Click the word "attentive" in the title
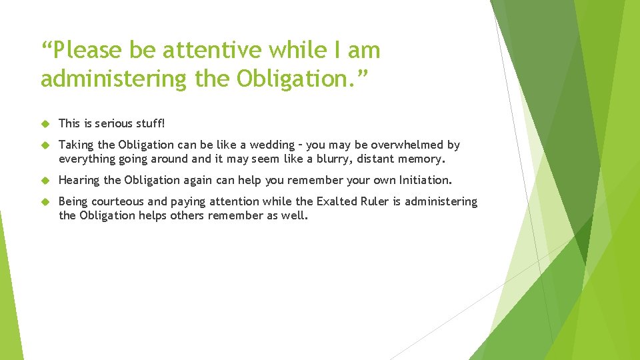204,50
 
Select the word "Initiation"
425,180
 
